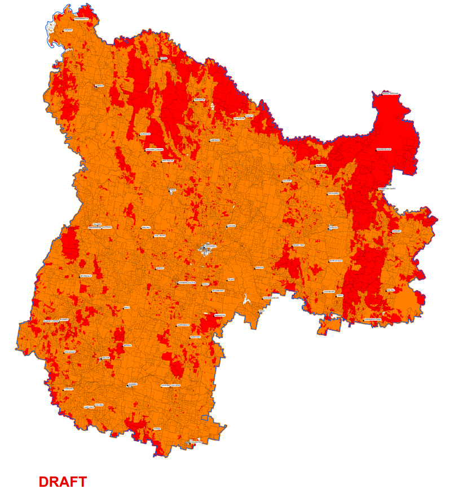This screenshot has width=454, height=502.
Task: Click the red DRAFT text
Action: click(63, 482)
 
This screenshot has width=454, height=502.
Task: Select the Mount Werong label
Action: click(390, 94)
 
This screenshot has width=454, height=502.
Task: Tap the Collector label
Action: click(196, 442)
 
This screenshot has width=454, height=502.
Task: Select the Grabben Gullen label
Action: click(187, 281)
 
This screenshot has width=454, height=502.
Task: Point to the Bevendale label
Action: click(86, 276)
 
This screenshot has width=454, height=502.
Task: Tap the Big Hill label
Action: click(390, 290)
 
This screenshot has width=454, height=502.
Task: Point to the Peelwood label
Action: click(200, 100)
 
